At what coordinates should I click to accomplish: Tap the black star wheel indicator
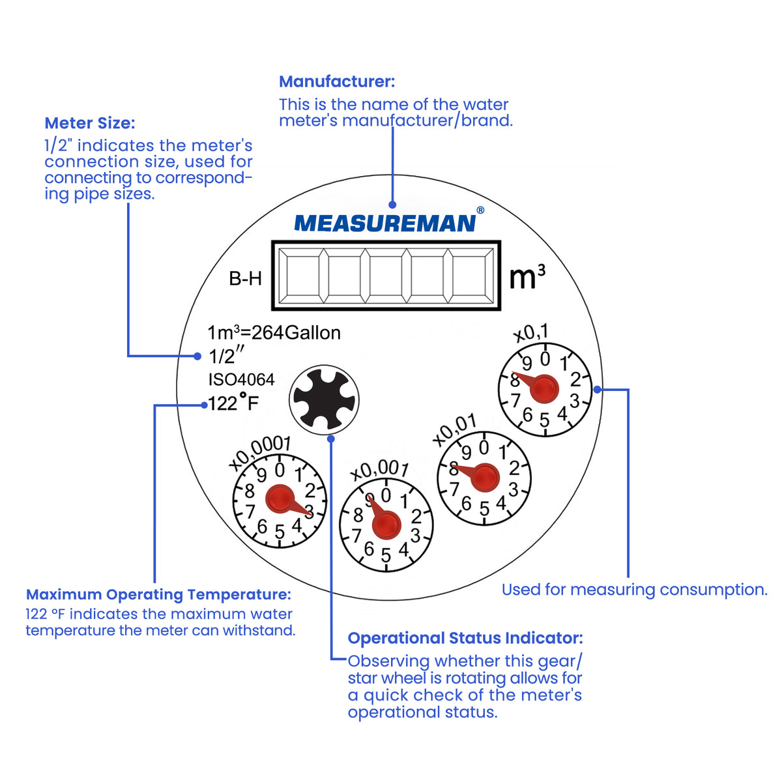324,399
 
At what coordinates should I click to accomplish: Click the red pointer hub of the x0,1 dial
543,389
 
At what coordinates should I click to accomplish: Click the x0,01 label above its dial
454,430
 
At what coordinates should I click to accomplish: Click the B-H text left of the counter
245,279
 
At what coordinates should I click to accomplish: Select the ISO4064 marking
242,379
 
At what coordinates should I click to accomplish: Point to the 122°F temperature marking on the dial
233,403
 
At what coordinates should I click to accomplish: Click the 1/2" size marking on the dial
226,356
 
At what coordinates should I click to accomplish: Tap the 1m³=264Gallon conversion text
274,333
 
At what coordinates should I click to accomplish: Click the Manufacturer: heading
337,81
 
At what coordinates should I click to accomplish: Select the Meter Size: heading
90,123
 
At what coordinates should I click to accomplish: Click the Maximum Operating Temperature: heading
158,594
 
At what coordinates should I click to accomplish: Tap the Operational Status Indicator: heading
465,638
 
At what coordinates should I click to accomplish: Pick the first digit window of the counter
302,276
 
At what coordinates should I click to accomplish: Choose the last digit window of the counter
469,276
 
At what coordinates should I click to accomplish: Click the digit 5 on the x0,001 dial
386,555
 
